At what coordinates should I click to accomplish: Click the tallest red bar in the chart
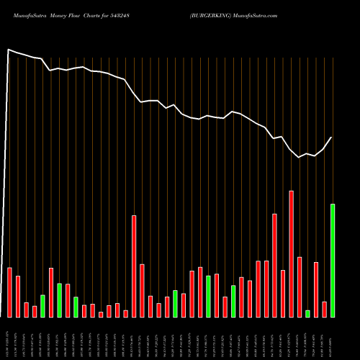[291, 253]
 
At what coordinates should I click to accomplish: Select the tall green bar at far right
[333, 260]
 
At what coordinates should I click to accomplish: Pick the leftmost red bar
[9, 292]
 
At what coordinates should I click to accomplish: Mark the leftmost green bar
[42, 305]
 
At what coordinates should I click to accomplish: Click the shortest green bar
[307, 313]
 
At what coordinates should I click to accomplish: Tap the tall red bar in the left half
[134, 266]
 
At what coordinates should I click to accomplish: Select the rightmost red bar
[324, 309]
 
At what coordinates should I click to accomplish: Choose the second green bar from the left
[59, 300]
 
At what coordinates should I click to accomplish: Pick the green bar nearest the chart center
[175, 303]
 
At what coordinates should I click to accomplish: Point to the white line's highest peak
[9, 50]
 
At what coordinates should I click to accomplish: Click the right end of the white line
[332, 137]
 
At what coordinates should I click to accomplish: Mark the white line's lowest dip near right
[300, 157]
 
